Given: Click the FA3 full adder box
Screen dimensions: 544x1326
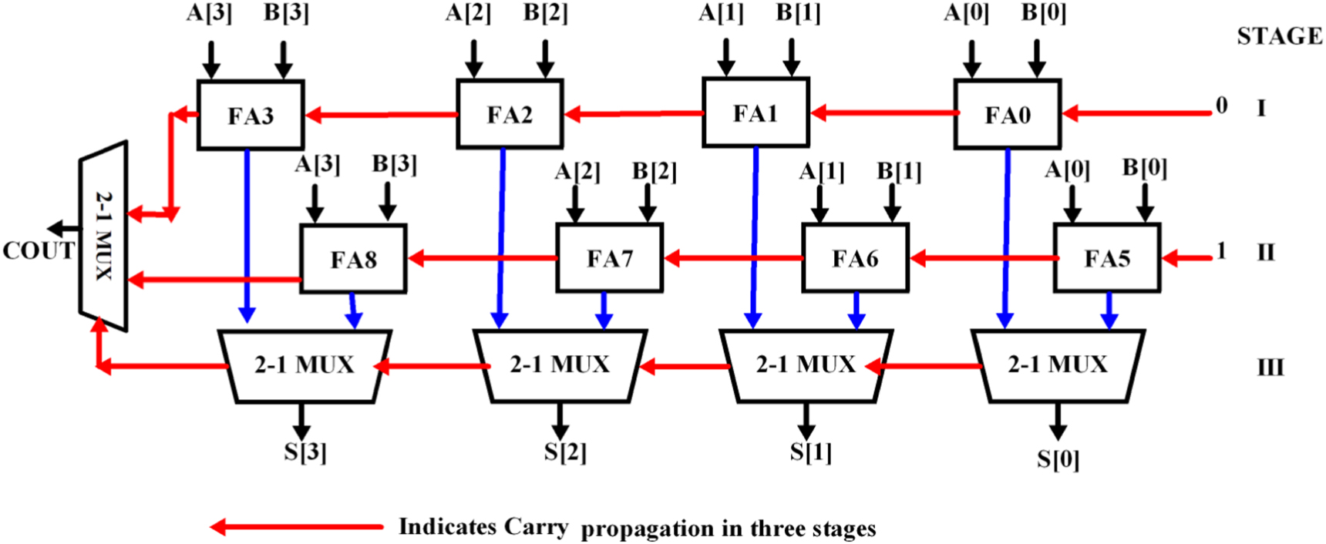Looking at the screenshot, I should point(251,115).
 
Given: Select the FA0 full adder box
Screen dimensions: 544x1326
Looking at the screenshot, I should point(1007,115).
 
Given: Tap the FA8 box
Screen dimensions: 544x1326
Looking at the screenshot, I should point(353,259).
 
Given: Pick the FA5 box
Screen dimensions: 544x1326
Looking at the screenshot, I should point(1106,258).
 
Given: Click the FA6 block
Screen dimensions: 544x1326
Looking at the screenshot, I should point(854,258).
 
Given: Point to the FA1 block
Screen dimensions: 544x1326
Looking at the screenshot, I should point(755,113).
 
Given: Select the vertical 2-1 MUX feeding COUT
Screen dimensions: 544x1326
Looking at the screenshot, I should point(104,236).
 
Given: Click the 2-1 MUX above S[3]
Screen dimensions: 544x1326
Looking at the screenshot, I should point(305,365).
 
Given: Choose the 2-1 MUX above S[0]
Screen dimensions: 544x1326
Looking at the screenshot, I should point(1057,365).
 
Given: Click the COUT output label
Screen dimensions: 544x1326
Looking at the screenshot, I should point(39,250).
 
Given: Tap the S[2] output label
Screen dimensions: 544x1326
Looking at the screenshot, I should point(564,452).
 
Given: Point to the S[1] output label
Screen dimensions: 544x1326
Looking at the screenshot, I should point(810,452).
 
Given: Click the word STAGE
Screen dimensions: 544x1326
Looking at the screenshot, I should point(1279,36).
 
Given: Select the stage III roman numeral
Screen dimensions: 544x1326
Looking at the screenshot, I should point(1270,368).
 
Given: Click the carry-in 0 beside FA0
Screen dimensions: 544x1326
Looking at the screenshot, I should point(1221,106).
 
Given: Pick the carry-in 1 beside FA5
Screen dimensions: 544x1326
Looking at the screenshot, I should point(1220,251).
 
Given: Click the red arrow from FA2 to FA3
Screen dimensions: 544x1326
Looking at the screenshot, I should point(382,116).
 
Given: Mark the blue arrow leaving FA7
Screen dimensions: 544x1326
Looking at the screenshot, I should point(604,310).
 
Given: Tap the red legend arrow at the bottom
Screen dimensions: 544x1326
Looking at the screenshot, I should point(297,527).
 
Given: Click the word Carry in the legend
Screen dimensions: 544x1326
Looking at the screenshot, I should point(537,527).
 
